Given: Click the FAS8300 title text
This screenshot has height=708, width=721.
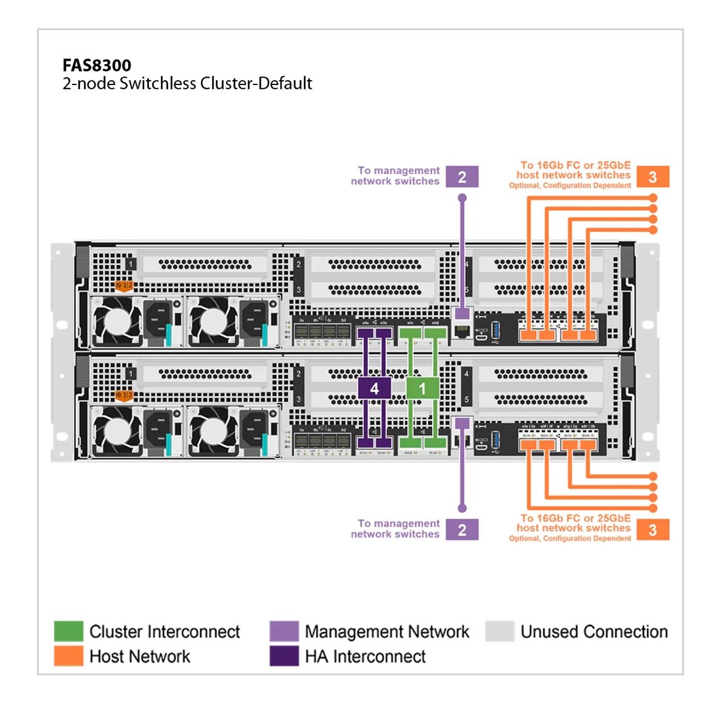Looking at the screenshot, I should (97, 65).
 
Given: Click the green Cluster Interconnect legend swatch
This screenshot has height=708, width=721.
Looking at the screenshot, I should (68, 632).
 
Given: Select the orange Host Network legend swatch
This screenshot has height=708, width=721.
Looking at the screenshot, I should (68, 656).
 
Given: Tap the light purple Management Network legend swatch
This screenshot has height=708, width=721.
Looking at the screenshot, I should (284, 632).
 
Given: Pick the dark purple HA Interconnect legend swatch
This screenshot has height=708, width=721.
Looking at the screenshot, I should (284, 656).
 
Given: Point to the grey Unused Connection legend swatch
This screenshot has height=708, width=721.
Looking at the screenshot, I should (500, 632).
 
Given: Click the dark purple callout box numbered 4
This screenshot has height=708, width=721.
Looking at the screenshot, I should (374, 388).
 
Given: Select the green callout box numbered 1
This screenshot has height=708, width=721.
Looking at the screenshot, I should (422, 388).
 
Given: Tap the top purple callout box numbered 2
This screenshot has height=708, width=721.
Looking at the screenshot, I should (462, 177).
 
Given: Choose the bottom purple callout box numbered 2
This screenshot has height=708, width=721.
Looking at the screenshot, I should (462, 530).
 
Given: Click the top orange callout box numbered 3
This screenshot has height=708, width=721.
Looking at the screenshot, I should (653, 177).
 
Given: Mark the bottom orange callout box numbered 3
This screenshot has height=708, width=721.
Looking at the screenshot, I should (653, 530).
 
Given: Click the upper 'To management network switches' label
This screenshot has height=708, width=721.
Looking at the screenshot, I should (396, 176).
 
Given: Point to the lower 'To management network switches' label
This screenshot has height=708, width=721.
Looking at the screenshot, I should (396, 529).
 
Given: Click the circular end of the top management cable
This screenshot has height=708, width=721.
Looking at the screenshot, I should (462, 198).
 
